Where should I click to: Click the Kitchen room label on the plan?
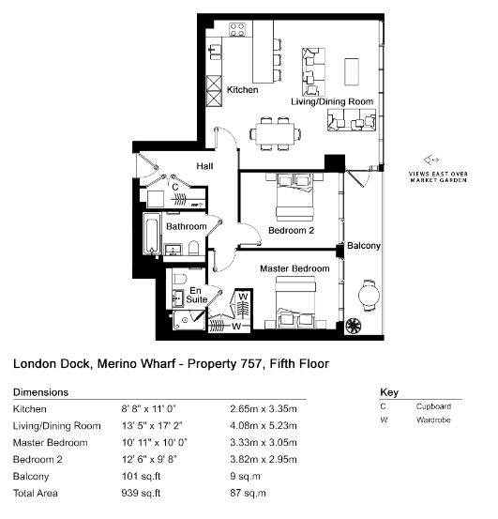(242, 90)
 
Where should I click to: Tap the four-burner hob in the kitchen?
(238, 29)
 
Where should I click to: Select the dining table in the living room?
(275, 133)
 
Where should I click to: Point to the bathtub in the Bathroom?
(152, 234)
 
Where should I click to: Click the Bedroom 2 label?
(291, 230)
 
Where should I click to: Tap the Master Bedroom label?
(294, 268)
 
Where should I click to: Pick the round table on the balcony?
(369, 296)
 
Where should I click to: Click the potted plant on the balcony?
(354, 326)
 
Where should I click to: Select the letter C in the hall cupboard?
(175, 187)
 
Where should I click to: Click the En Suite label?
(196, 295)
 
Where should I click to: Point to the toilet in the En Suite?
(180, 279)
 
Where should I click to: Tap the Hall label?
(204, 166)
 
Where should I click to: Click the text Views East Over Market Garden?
(438, 177)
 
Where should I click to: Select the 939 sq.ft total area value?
(141, 493)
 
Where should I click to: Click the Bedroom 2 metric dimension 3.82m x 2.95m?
(264, 459)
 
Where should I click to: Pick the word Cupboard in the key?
(433, 406)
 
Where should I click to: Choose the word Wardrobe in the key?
(433, 420)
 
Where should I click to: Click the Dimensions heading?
(40, 392)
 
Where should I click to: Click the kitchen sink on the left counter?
(216, 52)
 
